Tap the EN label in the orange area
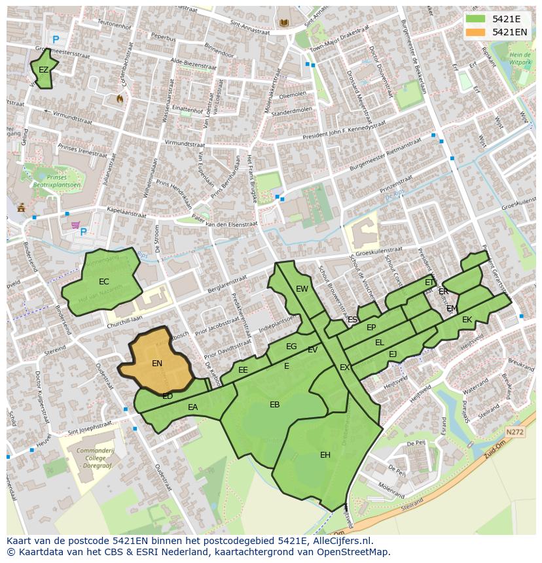[157, 364]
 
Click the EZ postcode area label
[43, 70]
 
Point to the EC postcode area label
[103, 282]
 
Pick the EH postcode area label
[325, 455]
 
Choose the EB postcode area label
[275, 405]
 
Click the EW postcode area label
[302, 289]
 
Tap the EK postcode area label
[467, 320]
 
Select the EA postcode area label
[192, 407]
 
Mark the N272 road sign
[515, 432]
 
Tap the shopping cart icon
[76, 226]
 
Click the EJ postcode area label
[393, 354]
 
